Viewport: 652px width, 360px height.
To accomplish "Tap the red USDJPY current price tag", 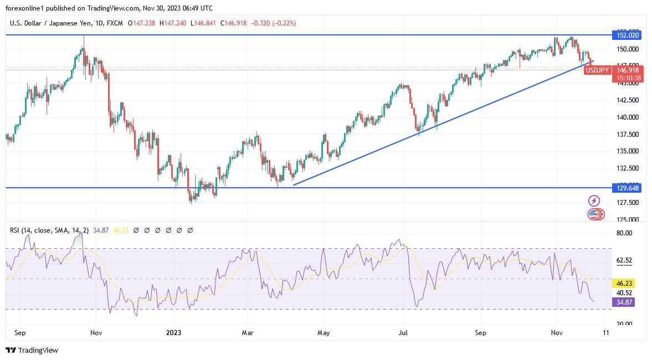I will pos(598,70).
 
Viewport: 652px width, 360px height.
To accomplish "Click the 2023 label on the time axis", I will pos(174,333).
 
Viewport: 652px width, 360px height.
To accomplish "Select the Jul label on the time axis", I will pos(403,333).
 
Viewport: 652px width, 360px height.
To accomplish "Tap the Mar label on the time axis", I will pos(248,333).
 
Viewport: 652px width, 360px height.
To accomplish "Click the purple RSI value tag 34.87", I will pos(623,302).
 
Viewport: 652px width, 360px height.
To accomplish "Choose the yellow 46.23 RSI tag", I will pos(623,282).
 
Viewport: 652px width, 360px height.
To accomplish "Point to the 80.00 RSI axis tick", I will pos(624,233).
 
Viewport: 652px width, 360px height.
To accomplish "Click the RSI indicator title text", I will pos(50,230).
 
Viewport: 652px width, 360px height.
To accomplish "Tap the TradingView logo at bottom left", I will pos(32,350).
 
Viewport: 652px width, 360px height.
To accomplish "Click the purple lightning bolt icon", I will pos(594,200).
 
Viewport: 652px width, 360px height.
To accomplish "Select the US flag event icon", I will pos(593,214).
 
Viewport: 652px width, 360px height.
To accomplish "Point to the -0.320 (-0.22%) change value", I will pos(273,23).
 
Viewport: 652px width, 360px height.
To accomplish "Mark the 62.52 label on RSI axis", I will pos(624,260).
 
